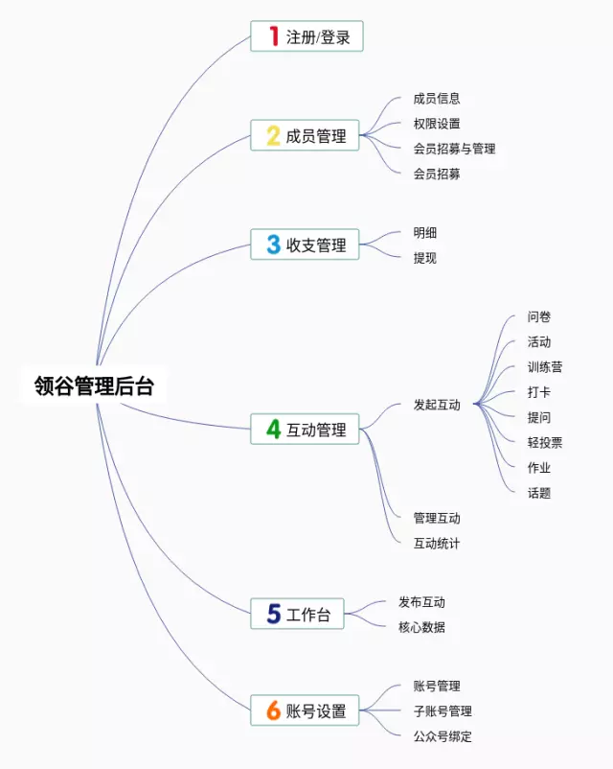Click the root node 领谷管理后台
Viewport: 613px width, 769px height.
94,387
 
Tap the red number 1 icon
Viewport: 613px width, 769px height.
273,37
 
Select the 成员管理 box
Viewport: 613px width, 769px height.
305,136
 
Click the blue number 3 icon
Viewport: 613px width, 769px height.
273,245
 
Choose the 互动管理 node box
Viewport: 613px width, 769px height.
305,430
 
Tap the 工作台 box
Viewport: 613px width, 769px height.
297,615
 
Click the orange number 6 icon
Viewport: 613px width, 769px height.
273,711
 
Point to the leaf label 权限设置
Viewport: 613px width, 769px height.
437,124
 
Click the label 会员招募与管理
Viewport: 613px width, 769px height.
454,149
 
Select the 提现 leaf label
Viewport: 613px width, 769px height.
424,258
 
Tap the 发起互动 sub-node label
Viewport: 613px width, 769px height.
437,405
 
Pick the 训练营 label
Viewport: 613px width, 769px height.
544,367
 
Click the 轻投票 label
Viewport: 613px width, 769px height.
544,442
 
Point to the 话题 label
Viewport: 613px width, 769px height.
538,493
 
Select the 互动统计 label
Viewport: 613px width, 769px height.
437,544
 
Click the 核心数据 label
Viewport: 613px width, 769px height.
421,627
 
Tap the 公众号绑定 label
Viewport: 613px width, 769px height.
443,736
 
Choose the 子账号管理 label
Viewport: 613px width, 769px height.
443,711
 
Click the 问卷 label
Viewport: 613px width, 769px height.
538,317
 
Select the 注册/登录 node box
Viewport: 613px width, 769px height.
306,37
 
